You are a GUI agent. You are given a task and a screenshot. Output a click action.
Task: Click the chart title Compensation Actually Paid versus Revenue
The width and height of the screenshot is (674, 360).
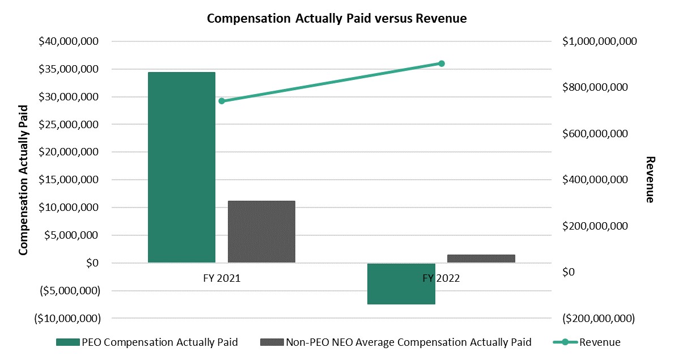pos(337,18)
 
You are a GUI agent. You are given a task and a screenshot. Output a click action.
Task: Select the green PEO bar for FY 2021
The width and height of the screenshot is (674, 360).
pos(181,167)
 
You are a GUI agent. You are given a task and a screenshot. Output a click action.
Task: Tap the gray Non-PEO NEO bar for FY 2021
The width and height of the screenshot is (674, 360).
pos(261,231)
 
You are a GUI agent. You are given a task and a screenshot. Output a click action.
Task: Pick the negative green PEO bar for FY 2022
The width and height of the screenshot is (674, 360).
pos(401,283)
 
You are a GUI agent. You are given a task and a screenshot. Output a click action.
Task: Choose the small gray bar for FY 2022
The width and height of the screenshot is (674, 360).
pos(481,259)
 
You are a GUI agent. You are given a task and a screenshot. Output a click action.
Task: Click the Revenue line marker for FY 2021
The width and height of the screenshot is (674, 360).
pos(222,101)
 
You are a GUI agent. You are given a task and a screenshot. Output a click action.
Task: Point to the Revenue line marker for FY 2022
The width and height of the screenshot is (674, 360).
pos(442,63)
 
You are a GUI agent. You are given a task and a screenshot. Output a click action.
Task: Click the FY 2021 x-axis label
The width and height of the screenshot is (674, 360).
pos(221,278)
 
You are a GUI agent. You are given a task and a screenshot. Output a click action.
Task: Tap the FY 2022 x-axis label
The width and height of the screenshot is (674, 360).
pos(442,278)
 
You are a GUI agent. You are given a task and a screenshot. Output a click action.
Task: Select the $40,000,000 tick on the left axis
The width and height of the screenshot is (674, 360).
pos(67,41)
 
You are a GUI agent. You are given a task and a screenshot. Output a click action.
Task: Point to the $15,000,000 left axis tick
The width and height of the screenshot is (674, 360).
pos(67,180)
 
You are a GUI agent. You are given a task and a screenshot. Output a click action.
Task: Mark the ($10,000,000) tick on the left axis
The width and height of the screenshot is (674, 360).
pos(64,319)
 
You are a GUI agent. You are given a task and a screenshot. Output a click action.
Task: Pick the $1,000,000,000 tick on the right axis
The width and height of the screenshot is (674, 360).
pos(600,41)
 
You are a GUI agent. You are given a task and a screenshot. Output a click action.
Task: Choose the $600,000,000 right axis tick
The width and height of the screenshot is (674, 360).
pos(595,134)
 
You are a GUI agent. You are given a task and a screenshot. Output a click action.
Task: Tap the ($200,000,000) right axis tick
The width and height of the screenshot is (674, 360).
pos(597,319)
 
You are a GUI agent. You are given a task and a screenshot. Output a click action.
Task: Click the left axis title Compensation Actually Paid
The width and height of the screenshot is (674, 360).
pos(24,180)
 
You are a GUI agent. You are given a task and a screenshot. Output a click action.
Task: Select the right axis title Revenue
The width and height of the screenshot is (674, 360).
pos(650,180)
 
